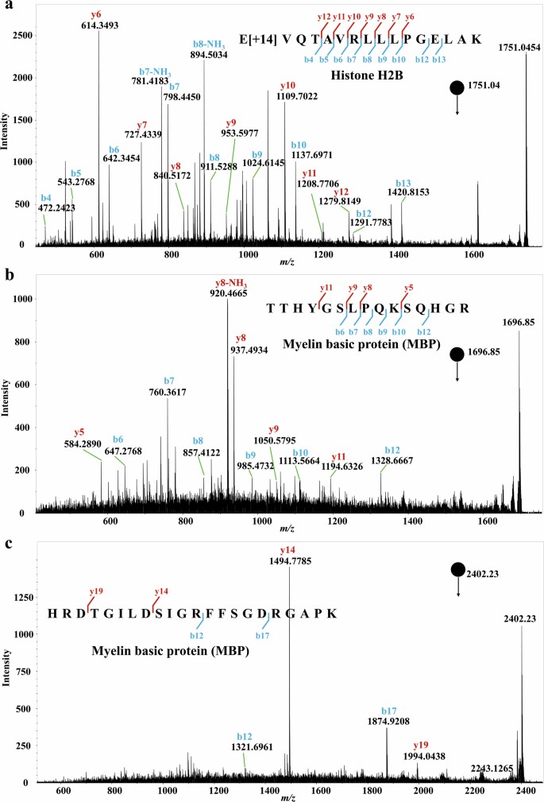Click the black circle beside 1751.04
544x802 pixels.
click(457, 87)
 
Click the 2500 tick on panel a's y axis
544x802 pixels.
click(25, 36)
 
